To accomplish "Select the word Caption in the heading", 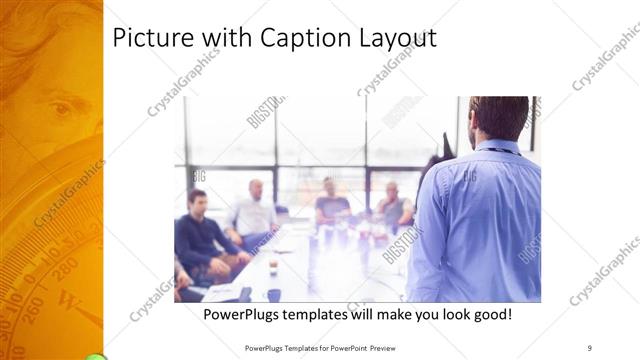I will (296, 38).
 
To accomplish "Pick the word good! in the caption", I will (490, 315).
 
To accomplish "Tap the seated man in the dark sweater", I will (200, 235).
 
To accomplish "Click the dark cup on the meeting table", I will (272, 294).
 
